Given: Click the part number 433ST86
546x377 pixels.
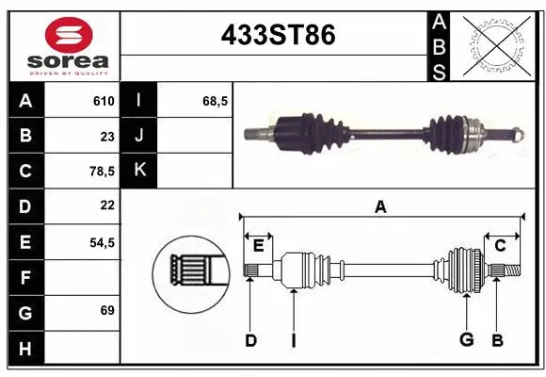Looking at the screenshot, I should pos(277,35).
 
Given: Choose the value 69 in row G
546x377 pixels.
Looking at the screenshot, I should pos(106,310).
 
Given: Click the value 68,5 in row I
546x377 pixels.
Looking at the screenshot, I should pos(216,101).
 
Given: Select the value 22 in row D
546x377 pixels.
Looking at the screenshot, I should pos(106,205).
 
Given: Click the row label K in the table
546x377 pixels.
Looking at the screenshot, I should pos(139,170).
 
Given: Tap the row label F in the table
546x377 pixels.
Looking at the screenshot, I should pos(25,277).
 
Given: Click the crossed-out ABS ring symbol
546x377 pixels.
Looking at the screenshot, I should pos(495,44).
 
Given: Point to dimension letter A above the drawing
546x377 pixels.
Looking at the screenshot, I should pos(380,206).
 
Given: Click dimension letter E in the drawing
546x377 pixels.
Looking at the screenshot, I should pos(258,246).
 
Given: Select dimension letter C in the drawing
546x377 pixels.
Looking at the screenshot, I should pos(500,246).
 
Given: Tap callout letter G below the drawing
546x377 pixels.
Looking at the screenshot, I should pos(465,340).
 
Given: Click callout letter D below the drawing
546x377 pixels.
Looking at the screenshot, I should pos(250,340).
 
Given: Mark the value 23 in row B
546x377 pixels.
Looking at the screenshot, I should pos(106,136).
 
